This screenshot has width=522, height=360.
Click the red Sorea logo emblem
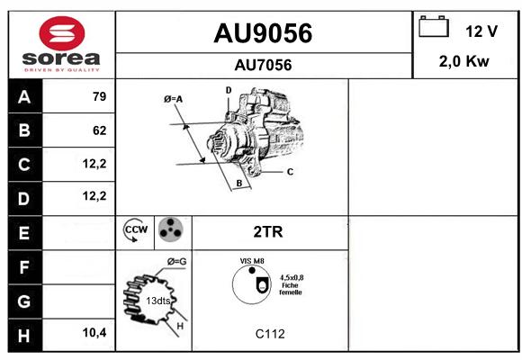tap(62, 33)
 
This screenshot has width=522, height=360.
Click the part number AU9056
tap(263, 33)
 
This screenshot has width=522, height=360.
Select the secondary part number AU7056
tap(263, 65)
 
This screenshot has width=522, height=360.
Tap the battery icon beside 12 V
tap(434, 26)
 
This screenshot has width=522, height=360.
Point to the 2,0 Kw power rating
tap(464, 61)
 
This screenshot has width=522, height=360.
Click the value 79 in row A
tap(100, 96)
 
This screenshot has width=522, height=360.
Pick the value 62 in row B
tap(100, 130)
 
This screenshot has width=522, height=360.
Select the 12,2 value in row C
tap(94, 164)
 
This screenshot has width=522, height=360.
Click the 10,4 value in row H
tap(94, 332)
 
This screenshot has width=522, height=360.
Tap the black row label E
tap(24, 233)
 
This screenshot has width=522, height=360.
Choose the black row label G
tap(24, 301)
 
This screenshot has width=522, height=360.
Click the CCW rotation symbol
tap(136, 229)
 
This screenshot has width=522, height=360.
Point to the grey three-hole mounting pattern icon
tap(170, 229)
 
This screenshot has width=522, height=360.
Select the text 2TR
tap(268, 232)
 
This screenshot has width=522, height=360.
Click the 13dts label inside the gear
tap(158, 301)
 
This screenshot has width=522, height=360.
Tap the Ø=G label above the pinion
tap(176, 262)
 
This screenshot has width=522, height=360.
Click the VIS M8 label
tap(252, 261)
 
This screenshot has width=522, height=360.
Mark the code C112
tap(270, 334)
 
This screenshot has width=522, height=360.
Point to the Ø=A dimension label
tap(173, 99)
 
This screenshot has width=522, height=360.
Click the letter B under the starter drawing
tap(239, 184)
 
